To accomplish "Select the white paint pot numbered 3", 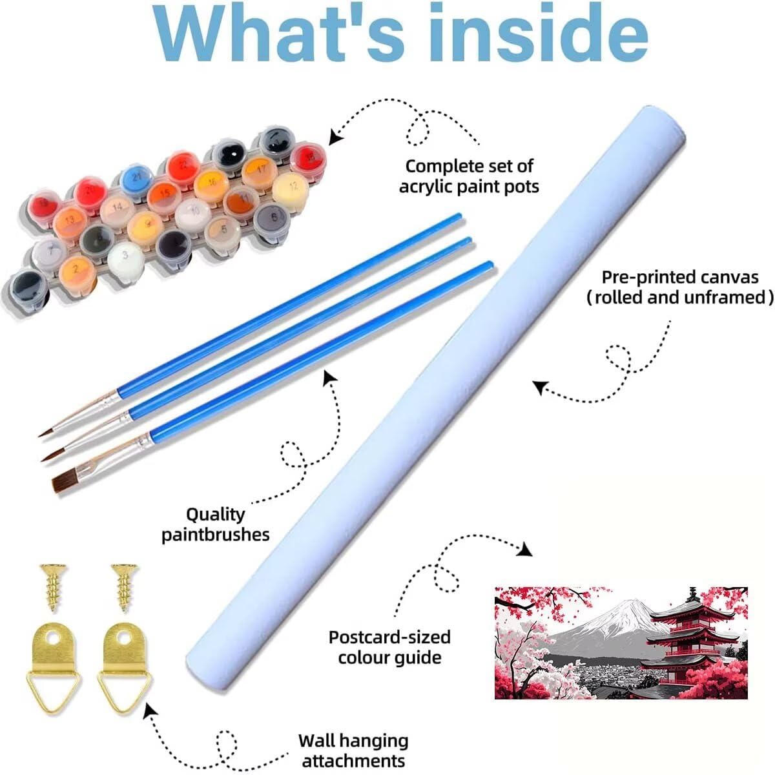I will (x=126, y=258).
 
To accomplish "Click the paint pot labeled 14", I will (x=117, y=208).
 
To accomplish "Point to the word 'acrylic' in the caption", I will (x=432, y=187).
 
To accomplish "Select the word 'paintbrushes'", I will (x=215, y=535).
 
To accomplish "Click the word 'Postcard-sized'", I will (x=389, y=637).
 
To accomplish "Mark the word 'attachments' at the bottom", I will (x=353, y=760).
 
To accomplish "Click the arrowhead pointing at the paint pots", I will (x=335, y=136).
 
